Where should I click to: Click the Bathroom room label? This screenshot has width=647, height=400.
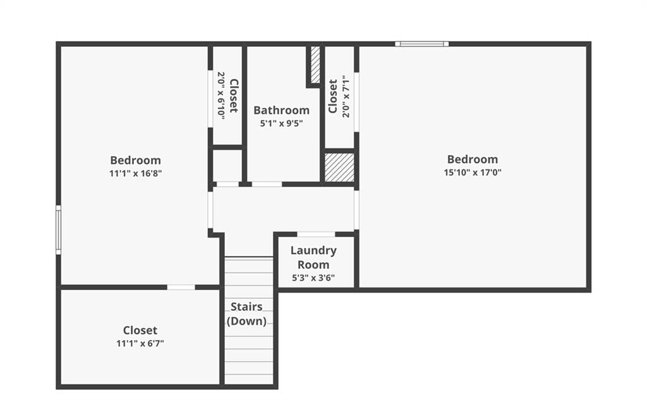click(x=281, y=110)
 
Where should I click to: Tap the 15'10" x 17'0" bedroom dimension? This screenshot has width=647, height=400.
click(x=473, y=173)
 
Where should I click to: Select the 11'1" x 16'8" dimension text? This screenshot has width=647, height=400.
click(x=135, y=173)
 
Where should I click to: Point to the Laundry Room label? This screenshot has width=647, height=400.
click(x=313, y=257)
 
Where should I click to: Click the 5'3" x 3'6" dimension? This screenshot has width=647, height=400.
click(x=313, y=278)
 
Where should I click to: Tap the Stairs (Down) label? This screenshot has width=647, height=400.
click(x=246, y=313)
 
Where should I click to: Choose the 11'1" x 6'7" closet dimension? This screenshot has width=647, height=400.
click(x=140, y=344)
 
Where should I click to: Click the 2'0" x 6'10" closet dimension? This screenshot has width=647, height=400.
click(x=221, y=96)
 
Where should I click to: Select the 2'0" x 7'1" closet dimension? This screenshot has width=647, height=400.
click(x=346, y=96)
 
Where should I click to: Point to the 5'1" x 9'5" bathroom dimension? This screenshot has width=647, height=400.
click(x=281, y=123)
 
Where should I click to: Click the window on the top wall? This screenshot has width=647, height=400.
click(x=421, y=44)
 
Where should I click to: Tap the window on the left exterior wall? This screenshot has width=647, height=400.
click(x=59, y=229)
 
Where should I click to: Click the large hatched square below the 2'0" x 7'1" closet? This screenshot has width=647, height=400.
click(x=339, y=167)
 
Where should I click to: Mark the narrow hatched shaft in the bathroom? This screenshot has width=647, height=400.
click(x=315, y=64)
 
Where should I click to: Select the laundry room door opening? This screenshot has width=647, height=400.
click(x=316, y=234)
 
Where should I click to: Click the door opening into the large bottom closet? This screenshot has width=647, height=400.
click(x=181, y=287)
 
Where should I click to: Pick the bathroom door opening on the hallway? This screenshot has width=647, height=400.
click(x=267, y=184)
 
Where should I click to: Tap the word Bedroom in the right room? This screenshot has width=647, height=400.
click(x=473, y=159)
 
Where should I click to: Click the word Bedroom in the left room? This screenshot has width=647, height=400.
click(x=135, y=160)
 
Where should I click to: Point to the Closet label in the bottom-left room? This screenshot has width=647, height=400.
click(x=140, y=330)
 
